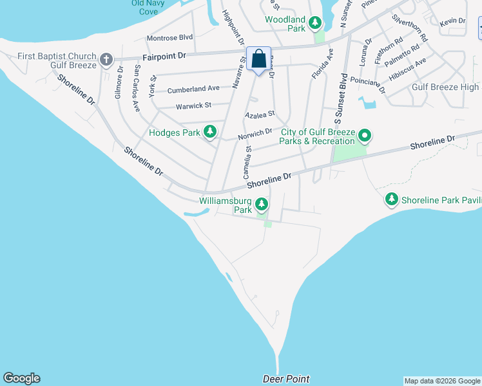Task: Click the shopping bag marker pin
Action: tap(258, 59)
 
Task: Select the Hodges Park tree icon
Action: tap(209, 133)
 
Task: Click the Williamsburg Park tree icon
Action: tap(261, 205)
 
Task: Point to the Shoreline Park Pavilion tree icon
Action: tap(391, 200)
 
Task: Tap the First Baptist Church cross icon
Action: tap(106, 60)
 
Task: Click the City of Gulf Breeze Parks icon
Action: tap(365, 136)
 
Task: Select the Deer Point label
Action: tap(286, 379)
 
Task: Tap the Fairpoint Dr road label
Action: tap(164, 57)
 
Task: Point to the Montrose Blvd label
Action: tap(170, 38)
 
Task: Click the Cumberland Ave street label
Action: tap(194, 89)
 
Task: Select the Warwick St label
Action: tap(193, 105)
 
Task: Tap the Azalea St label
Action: tap(260, 115)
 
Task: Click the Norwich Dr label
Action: tap(255, 133)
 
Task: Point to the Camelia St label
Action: tap(247, 161)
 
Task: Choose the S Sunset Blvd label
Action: tap(337, 100)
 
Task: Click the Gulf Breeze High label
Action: tap(445, 87)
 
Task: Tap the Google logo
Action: tap(21, 378)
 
